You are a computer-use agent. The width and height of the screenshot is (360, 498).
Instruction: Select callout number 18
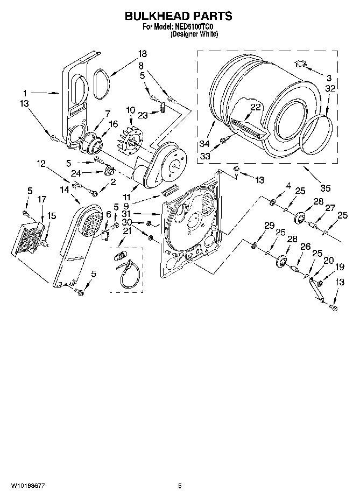pyautogui.click(x=142, y=54)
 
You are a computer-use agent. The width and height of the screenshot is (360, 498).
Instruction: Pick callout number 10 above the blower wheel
pyautogui.click(x=129, y=110)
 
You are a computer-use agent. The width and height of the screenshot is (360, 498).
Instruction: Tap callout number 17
pyautogui.click(x=41, y=199)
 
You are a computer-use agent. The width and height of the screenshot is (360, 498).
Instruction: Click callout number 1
pyautogui.click(x=24, y=92)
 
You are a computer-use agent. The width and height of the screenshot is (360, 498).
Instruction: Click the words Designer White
pyautogui.click(x=194, y=34)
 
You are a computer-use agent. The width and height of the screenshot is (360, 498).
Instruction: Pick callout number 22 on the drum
pyautogui.click(x=255, y=107)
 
